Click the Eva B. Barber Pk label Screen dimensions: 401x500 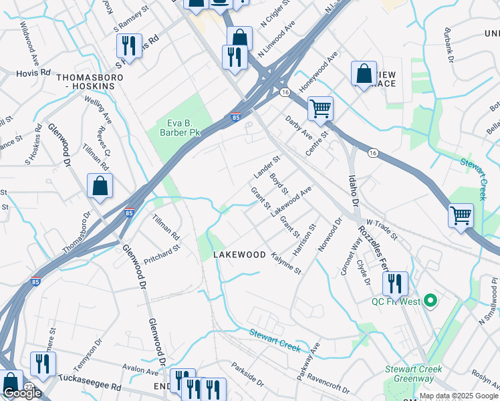pos(183,128)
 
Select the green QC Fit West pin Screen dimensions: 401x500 pos(430,301)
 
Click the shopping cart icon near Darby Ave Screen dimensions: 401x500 pos(321,108)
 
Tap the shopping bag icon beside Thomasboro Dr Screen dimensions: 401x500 pos(100,186)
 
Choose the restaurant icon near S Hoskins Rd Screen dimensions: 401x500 pos(127,45)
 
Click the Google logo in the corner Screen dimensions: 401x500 pos(21,393)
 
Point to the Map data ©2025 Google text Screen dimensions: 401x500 pos(459,396)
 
